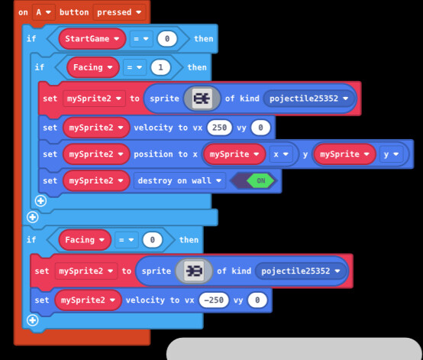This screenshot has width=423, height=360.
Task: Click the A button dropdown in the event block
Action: [x=44, y=12]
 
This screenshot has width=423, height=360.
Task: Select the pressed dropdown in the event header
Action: [x=119, y=12]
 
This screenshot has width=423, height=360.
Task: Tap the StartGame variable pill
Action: [x=92, y=39]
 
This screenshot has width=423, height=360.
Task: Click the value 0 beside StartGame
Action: [x=167, y=39]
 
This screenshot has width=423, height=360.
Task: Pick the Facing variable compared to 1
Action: [x=93, y=67]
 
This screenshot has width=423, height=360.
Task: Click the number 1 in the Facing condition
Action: [x=160, y=67]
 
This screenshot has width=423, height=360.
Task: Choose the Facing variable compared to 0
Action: [x=85, y=239]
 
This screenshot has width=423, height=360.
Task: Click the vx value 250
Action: [x=219, y=128]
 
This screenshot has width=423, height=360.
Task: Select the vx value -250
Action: [x=214, y=300]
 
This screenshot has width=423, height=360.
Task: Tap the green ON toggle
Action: [x=260, y=180]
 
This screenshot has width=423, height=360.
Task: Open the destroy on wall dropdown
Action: [x=179, y=180]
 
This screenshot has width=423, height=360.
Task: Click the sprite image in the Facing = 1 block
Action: [x=202, y=99]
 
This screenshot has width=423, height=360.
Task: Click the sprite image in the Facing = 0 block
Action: [x=194, y=271]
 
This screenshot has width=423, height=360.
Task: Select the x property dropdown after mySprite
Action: [x=281, y=154]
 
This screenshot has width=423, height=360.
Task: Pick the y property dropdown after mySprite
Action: [x=391, y=154]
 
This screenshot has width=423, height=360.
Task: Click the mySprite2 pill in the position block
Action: [x=96, y=154]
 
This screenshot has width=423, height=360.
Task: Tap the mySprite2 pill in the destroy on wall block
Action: [x=96, y=180]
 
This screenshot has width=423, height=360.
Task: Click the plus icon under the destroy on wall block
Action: [x=40, y=201]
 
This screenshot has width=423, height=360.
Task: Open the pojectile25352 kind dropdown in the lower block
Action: [x=301, y=271]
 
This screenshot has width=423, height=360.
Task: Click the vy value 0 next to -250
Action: [x=257, y=300]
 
